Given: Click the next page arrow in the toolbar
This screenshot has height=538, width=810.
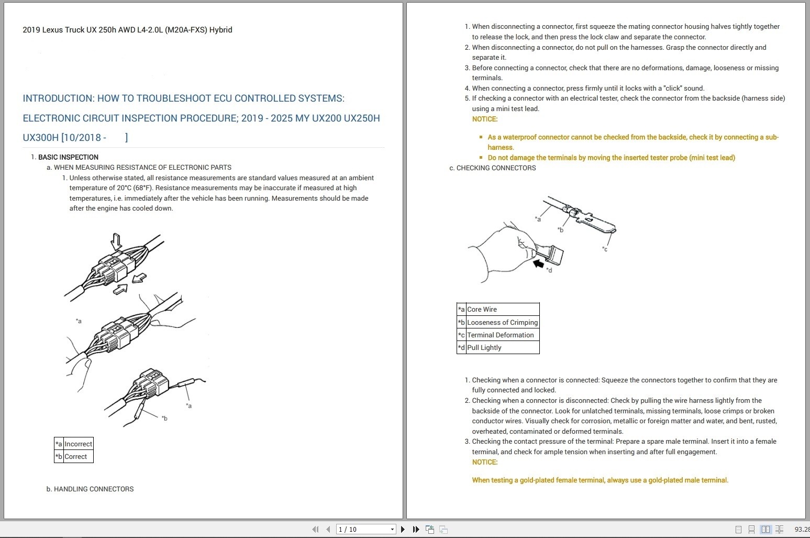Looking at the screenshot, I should pyautogui.click(x=403, y=529).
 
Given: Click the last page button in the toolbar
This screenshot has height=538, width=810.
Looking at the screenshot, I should pyautogui.click(x=416, y=529).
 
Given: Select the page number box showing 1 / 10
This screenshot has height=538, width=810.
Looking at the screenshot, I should pyautogui.click(x=365, y=529).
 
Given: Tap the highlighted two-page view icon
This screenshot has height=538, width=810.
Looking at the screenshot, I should pyautogui.click(x=765, y=529).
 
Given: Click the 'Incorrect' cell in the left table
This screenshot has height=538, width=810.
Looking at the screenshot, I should pyautogui.click(x=78, y=444).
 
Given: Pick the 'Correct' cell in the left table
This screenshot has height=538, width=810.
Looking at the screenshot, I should pyautogui.click(x=76, y=456).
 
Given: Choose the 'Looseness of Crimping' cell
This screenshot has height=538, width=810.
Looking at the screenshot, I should pyautogui.click(x=502, y=322).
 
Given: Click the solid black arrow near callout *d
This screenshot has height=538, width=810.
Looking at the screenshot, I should pyautogui.click(x=538, y=263).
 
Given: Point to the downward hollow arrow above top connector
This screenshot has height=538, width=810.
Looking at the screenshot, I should pyautogui.click(x=116, y=241).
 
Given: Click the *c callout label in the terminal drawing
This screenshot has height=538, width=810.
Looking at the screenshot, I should pyautogui.click(x=605, y=249).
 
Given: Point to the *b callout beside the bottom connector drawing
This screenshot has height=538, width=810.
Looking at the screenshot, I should pyautogui.click(x=164, y=418).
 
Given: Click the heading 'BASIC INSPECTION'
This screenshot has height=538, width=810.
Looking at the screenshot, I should pyautogui.click(x=68, y=157).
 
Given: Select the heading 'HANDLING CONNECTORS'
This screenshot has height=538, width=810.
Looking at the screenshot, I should pyautogui.click(x=93, y=489).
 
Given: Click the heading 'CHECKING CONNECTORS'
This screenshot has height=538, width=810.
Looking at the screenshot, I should pyautogui.click(x=496, y=168).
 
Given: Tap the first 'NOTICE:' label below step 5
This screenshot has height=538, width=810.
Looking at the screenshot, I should pyautogui.click(x=484, y=119).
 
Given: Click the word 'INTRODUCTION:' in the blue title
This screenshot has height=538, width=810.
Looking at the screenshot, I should pyautogui.click(x=58, y=98).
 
